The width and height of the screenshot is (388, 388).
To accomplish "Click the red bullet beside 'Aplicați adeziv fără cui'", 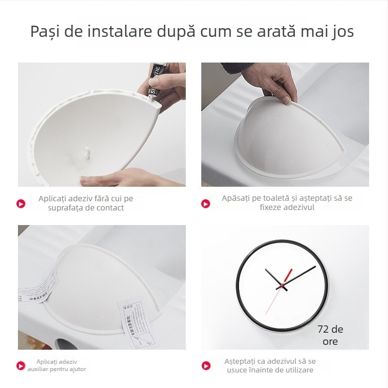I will click(x=21, y=204).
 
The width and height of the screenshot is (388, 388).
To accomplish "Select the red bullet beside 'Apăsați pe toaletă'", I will click(x=206, y=204).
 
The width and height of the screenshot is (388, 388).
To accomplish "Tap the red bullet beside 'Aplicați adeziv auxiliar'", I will click(x=21, y=366).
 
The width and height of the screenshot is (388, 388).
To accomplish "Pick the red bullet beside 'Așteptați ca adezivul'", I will click(x=206, y=366).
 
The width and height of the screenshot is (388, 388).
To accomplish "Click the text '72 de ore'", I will click(x=330, y=335).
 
